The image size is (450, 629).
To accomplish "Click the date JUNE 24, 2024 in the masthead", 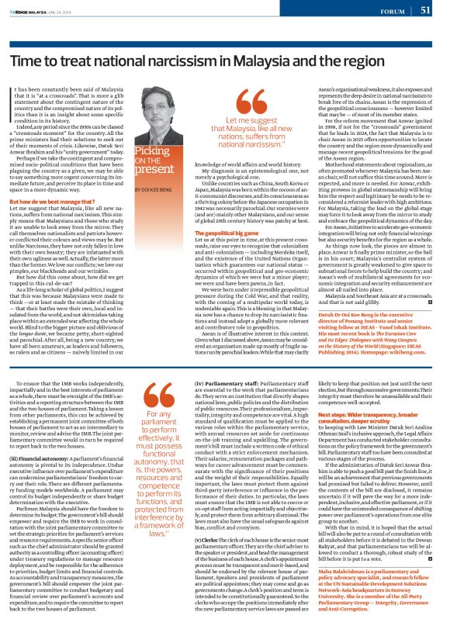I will (x=65, y=10).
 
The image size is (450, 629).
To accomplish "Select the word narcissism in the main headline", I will (x=187, y=60).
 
